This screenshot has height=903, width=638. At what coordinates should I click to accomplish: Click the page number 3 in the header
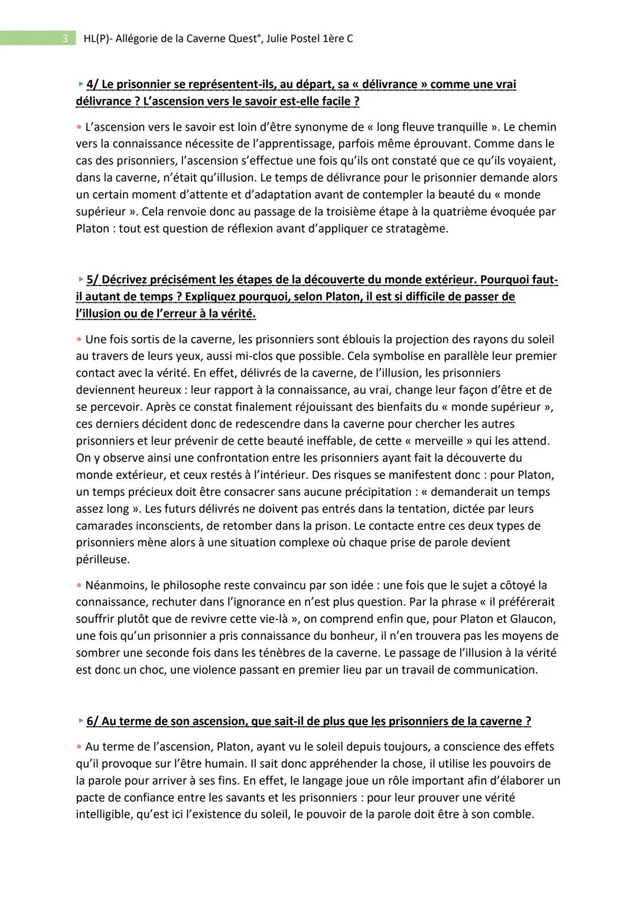[64, 39]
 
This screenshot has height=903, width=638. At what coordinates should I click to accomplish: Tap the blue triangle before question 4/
[81, 84]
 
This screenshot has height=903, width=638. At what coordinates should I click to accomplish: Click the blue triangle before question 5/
[81, 279]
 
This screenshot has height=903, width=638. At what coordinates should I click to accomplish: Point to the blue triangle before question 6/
[81, 721]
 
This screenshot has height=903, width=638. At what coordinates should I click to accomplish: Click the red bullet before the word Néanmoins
[79, 585]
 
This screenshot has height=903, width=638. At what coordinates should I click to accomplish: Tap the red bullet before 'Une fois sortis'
[79, 339]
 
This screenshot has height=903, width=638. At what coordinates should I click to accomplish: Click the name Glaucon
[535, 619]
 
